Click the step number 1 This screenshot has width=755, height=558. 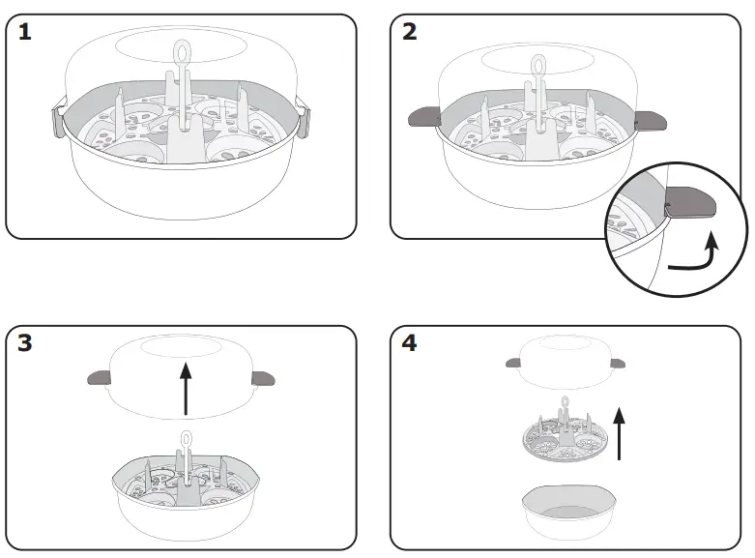(24, 32)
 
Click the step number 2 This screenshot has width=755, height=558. (411, 32)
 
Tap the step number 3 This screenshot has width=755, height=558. (24, 344)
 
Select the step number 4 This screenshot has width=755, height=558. (411, 344)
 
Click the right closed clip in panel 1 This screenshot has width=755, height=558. (307, 121)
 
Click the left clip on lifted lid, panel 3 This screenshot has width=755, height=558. (100, 377)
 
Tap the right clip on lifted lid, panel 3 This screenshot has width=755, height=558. (262, 378)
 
